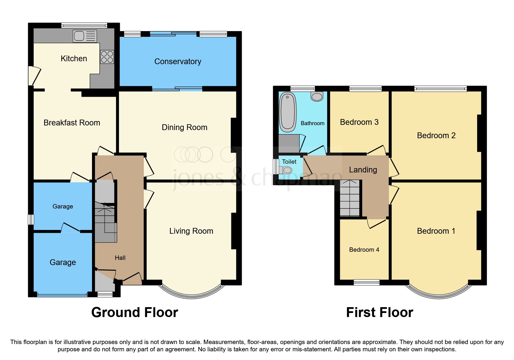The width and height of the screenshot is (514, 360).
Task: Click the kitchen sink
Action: coord(84,36)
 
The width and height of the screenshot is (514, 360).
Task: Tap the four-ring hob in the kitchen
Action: coord(107,57)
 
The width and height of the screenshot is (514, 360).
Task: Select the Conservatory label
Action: coord(178,62)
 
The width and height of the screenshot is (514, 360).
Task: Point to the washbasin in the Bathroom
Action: coord(317,96)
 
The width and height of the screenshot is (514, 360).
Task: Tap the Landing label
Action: coord(363,170)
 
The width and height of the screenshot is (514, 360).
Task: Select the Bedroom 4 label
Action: coord(364,250)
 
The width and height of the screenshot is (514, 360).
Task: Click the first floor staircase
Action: coord(350,198)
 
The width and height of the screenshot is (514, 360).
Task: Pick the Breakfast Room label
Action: coord(72,123)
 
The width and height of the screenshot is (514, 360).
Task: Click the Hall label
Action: coord(120,258)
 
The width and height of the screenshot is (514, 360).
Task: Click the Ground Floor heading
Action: coord(135,313)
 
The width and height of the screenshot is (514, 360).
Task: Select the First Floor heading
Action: coord(379,313)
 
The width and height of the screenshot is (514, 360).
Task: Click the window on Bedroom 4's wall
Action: coord(367,282)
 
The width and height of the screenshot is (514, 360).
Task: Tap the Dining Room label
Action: coord(184,127)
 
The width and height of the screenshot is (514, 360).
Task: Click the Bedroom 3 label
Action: coord(359,122)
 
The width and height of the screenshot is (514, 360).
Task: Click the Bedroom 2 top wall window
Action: coord(440,89)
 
